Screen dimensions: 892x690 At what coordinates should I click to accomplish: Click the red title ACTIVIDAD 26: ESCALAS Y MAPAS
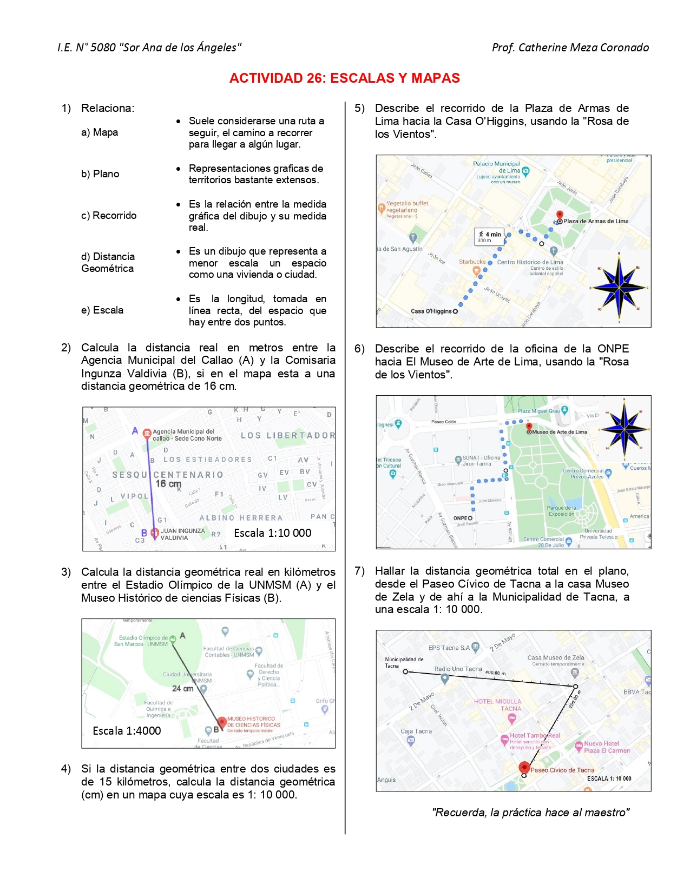[344, 78]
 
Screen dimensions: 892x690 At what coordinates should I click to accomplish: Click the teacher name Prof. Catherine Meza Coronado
[570, 48]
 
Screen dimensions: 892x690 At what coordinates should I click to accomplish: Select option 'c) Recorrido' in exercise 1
[109, 216]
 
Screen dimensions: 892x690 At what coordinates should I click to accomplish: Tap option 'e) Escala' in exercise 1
[102, 310]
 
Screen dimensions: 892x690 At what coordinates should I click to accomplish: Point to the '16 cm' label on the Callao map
[168, 484]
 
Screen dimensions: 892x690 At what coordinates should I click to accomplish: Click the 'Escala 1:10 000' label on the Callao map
[272, 533]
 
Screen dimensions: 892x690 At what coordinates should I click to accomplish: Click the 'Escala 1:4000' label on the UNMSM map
[127, 731]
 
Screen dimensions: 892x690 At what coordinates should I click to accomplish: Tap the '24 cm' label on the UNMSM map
[182, 689]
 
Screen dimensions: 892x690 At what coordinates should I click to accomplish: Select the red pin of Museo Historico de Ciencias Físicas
[221, 722]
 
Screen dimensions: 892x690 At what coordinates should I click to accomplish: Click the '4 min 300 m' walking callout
[489, 237]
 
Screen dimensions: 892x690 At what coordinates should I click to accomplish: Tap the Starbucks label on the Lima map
[472, 262]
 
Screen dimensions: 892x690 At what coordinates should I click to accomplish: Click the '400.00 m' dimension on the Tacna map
[495, 674]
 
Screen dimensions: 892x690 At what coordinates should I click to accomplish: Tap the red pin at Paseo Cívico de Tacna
[524, 767]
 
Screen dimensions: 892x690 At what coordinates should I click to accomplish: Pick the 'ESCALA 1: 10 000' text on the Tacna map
[609, 779]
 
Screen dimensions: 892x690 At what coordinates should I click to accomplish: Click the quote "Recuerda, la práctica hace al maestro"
[530, 813]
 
